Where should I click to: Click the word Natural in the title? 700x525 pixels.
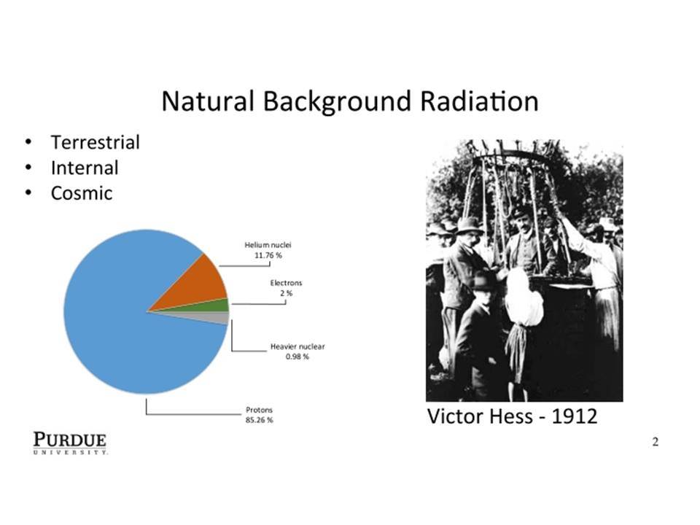click(x=208, y=101)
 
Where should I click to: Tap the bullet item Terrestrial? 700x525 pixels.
click(x=95, y=142)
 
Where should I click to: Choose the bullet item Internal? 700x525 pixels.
click(x=85, y=168)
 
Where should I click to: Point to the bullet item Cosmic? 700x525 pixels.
click(x=81, y=193)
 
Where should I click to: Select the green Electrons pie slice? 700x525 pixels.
click(x=214, y=306)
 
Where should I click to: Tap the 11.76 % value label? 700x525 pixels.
click(x=268, y=255)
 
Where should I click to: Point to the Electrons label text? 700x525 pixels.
click(x=286, y=283)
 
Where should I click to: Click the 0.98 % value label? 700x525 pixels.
click(x=297, y=357)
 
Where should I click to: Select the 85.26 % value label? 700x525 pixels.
click(x=259, y=420)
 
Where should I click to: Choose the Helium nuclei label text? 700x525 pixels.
click(x=268, y=245)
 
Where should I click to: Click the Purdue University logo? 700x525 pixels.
click(x=70, y=443)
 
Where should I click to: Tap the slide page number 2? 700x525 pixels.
click(x=656, y=442)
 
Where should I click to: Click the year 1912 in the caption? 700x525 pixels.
click(x=574, y=416)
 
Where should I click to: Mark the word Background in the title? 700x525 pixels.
click(x=337, y=102)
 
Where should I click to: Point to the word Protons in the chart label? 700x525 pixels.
click(x=259, y=410)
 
